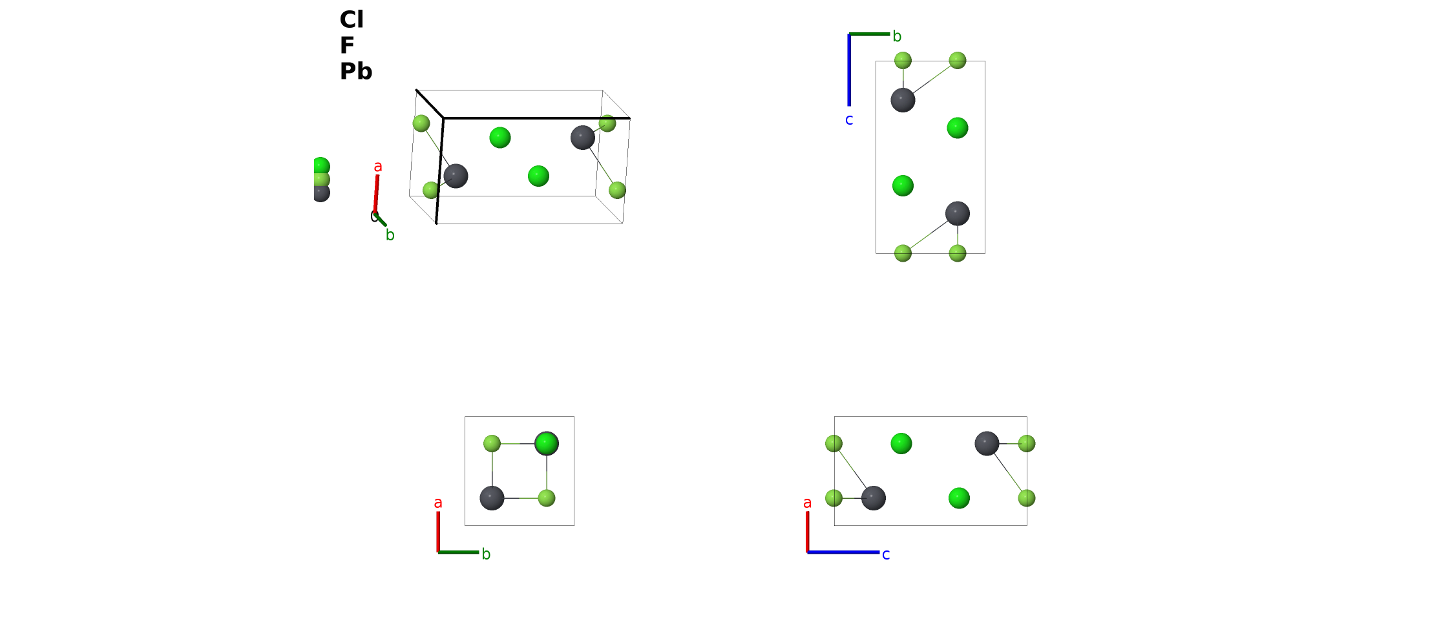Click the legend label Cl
point(352,19)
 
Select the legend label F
point(347,45)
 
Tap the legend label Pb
point(356,71)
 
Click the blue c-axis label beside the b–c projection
point(849,120)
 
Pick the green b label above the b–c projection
point(897,36)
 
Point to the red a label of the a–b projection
point(438,503)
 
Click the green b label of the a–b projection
point(486,554)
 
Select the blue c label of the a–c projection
point(886,554)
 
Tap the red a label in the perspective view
point(378,166)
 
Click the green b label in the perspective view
point(390,235)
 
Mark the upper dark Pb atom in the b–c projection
point(903,100)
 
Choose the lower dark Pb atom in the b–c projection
point(958,213)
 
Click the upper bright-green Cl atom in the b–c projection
point(958,128)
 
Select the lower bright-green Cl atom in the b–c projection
point(903,186)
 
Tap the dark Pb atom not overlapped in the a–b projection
point(492,498)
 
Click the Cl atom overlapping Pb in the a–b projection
point(547,443)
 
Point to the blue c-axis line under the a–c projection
point(843,552)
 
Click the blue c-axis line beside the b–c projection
point(849,70)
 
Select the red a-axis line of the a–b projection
point(438,532)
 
